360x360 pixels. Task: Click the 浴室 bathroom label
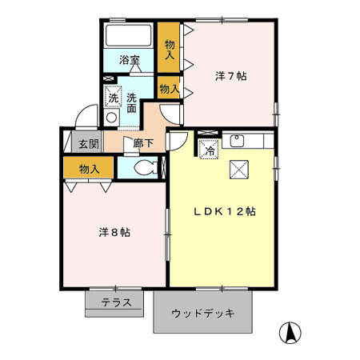[129, 60]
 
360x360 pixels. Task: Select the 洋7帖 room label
[230, 76]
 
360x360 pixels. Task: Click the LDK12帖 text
[226, 212]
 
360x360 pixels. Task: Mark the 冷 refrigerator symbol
[209, 149]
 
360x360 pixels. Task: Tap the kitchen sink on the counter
[238, 141]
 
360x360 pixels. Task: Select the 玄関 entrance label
[88, 145]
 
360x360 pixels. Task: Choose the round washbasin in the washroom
[112, 118]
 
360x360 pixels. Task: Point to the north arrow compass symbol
[290, 330]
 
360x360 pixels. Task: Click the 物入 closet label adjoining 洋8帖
[90, 169]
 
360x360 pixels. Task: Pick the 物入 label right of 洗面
[169, 89]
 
